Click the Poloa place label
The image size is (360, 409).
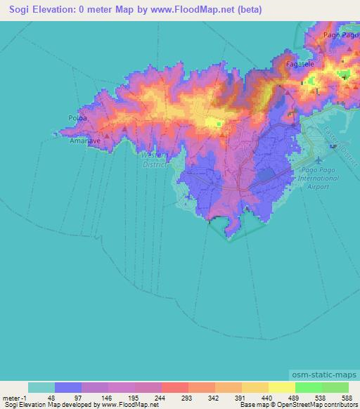point(77,118)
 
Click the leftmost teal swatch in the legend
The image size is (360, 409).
point(41,387)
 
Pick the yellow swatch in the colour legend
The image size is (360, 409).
point(282,387)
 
